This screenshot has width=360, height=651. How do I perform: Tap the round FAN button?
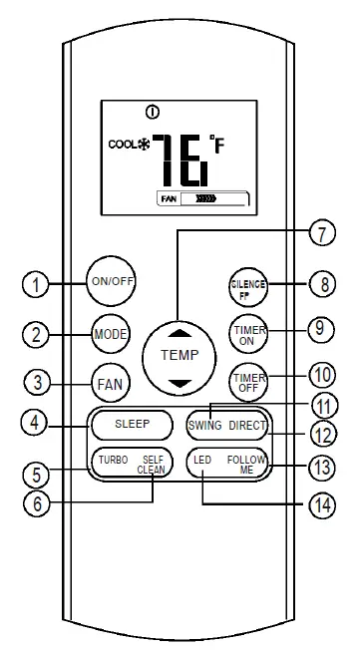coord(109,382)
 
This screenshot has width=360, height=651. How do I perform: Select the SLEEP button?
coord(131,424)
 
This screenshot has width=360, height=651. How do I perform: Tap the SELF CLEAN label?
coord(152,464)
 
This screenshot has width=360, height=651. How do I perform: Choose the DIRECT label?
coord(245,424)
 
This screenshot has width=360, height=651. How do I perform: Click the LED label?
coord(202,460)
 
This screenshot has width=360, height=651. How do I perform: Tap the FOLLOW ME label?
coord(246,464)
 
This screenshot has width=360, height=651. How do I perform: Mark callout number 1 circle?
coord(36,285)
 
